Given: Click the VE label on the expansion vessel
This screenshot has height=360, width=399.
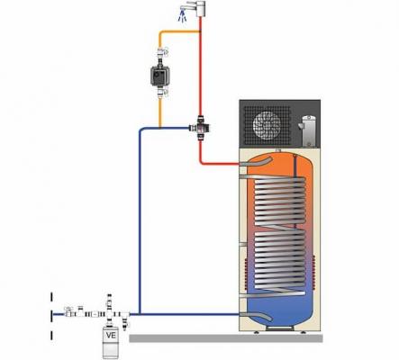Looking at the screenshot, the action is click(x=111, y=335).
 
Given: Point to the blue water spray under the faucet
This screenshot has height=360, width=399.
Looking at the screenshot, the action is click(x=182, y=17).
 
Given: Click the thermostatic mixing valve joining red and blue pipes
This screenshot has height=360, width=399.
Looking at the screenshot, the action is click(x=199, y=129).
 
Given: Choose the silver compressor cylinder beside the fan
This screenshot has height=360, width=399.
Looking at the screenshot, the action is click(x=308, y=130).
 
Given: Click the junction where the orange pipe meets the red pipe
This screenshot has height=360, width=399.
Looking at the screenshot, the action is click(x=200, y=31).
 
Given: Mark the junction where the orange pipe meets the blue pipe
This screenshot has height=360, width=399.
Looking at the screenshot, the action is click(x=159, y=129).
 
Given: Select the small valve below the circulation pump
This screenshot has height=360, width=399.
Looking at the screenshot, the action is click(x=161, y=91).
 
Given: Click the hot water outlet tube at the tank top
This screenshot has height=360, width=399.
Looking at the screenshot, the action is click(x=256, y=162).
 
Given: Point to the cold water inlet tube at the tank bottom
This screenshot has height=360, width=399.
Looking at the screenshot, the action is click(x=256, y=316).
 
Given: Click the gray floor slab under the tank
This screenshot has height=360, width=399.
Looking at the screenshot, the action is click(x=226, y=338).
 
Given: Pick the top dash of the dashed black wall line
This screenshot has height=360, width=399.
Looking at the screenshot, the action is click(x=51, y=297).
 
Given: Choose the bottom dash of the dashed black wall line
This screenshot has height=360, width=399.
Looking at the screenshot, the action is click(x=51, y=336).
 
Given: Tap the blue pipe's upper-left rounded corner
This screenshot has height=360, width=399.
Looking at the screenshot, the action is click(x=141, y=130).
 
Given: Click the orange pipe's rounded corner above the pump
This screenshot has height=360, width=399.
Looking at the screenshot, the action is click(x=161, y=33).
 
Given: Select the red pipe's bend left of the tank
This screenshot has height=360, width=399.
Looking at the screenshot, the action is click(x=202, y=162).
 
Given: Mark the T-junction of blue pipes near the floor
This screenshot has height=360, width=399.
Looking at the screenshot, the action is click(x=140, y=314).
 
